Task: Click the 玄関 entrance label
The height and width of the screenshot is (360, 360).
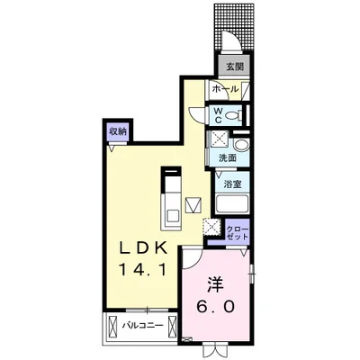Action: click(x=234, y=67)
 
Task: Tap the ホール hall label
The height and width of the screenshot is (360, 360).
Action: click(x=225, y=89)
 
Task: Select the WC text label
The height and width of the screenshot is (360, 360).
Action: click(x=218, y=115)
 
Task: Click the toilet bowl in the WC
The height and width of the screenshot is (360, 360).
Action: click(x=232, y=115)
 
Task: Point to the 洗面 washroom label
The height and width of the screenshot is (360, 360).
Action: click(x=228, y=157)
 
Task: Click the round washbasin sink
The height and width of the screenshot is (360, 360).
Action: click(x=241, y=146)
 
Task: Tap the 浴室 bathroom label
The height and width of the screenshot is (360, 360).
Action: click(x=232, y=184)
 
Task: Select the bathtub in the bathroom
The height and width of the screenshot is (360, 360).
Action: click(x=232, y=204)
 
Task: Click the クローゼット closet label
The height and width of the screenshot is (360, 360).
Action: click(x=238, y=232)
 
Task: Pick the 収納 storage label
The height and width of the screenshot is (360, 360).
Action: click(x=118, y=131)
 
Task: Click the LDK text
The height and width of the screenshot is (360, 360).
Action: click(x=143, y=248)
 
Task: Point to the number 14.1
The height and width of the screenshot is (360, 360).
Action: click(x=142, y=271)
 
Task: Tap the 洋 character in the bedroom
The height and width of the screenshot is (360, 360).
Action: click(x=215, y=286)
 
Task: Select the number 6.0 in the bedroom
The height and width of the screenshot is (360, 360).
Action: click(x=215, y=307)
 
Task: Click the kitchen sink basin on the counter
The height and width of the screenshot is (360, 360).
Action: click(x=172, y=216)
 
